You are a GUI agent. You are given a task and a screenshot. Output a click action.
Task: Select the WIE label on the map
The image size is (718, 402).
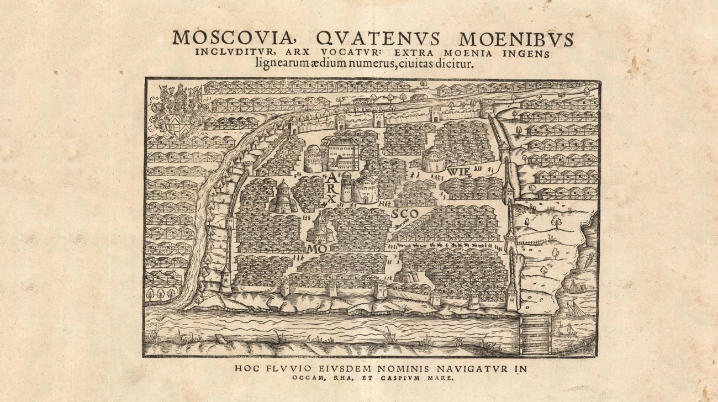460,171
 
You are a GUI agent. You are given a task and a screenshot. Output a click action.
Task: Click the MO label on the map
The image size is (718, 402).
313,249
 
